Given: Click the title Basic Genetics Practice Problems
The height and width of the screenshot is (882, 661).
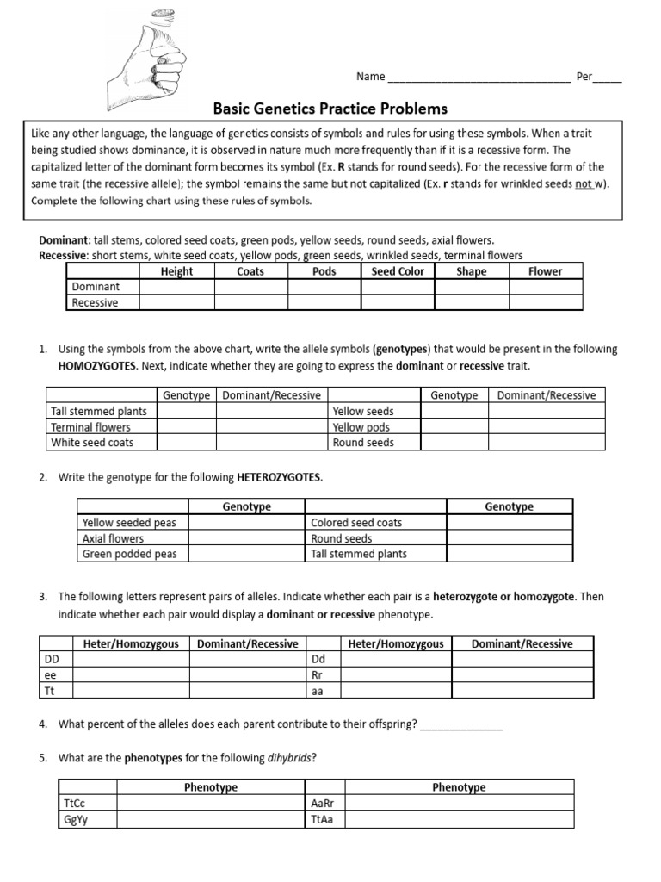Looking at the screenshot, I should (x=330, y=109).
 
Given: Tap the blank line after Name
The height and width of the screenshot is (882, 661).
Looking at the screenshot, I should (x=479, y=78).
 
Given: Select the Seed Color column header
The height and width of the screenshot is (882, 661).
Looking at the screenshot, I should (x=397, y=271).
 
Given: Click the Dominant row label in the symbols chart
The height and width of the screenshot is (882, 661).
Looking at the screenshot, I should (x=96, y=287).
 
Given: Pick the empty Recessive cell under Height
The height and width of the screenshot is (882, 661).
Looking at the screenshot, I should (x=176, y=302).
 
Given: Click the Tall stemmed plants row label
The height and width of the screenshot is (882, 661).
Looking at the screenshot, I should (x=98, y=411).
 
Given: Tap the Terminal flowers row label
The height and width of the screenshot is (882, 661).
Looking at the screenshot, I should (x=90, y=427).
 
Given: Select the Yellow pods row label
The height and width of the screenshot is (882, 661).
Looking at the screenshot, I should (x=361, y=427).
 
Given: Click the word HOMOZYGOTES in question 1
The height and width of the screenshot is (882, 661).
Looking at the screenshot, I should (x=97, y=366).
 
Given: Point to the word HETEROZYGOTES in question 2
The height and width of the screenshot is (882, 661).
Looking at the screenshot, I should (x=279, y=477).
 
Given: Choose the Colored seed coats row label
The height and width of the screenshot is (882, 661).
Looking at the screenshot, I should (x=356, y=523).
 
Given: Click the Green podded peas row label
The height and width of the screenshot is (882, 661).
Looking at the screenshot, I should (x=129, y=554).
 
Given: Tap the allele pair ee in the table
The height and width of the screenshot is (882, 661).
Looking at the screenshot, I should (x=51, y=675).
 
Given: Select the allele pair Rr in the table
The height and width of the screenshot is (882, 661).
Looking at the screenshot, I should (x=316, y=675).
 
